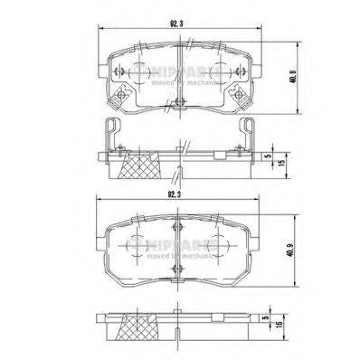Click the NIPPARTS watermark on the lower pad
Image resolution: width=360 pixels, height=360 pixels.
[181, 245]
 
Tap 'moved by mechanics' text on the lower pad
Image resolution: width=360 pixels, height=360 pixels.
[181, 257]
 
